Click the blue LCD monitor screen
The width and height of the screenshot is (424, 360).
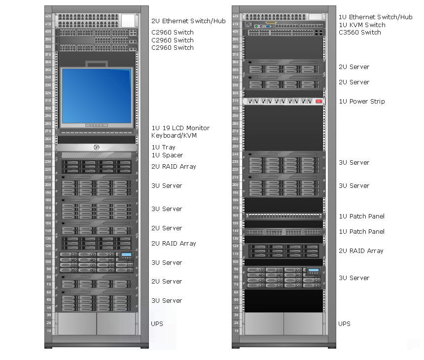point(97,96)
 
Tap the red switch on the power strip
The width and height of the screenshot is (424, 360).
point(318,101)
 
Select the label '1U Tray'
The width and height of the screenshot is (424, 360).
point(163,147)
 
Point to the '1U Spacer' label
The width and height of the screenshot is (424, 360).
point(167,155)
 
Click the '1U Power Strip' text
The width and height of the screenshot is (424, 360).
point(361,102)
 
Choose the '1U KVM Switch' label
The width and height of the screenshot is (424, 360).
point(362,25)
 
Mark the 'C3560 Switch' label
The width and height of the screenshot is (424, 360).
point(359,33)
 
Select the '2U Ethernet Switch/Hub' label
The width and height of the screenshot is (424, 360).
point(188,21)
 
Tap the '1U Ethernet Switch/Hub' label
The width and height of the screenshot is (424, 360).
point(375,17)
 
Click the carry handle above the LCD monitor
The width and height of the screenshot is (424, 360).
point(96,63)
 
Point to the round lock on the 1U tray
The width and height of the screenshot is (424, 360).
point(96,147)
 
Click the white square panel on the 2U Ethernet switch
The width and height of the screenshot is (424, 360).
point(128,20)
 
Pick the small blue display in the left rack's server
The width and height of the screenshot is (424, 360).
point(126,255)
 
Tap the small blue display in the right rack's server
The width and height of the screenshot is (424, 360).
point(313,271)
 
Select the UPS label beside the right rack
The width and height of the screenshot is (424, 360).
point(344,324)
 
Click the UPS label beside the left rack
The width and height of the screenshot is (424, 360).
point(157,324)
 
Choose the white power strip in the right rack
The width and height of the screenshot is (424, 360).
point(283,101)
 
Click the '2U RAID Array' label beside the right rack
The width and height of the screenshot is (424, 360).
point(360,251)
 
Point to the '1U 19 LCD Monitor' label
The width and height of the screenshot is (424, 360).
point(180,128)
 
